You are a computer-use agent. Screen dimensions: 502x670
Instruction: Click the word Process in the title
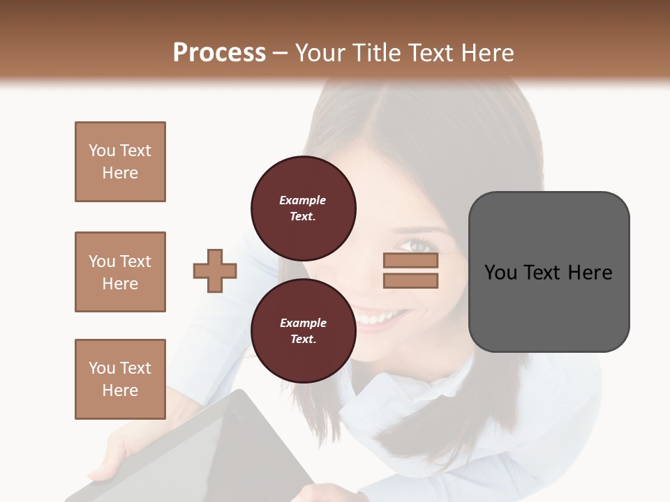219,53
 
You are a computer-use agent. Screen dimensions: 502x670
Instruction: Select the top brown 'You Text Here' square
120,162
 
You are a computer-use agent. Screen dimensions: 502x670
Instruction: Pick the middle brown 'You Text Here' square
120,272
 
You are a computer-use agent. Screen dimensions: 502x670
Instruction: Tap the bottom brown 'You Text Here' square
120,379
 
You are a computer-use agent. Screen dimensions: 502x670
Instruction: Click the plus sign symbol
215,271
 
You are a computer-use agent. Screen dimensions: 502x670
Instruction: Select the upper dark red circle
303,208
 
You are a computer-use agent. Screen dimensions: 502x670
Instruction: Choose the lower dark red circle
303,331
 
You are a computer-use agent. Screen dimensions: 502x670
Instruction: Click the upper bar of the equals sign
410,261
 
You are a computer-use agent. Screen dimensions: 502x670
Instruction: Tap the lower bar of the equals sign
410,281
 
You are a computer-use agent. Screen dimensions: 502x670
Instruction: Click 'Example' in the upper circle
303,200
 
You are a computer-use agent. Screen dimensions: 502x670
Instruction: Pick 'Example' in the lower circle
303,323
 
